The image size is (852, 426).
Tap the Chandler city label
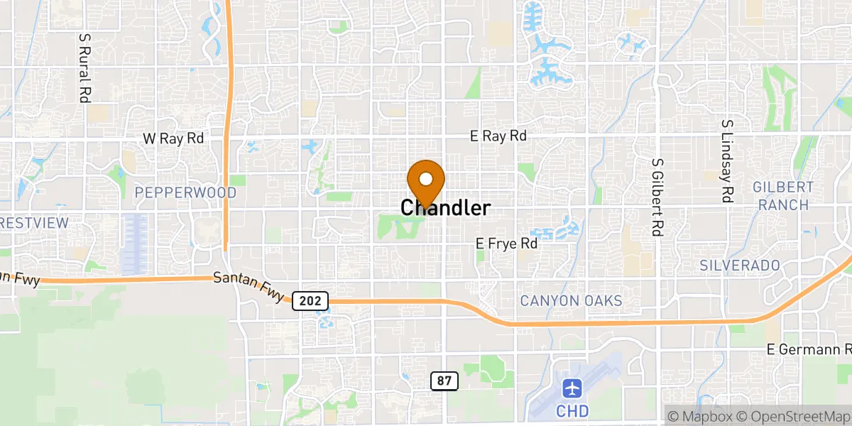pos(445,208)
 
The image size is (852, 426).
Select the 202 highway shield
pos(310,301)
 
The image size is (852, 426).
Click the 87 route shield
pos(444,381)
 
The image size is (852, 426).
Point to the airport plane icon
pos(572,388)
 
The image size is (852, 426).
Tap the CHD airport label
pos(572,412)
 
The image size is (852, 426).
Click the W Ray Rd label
pos(173,138)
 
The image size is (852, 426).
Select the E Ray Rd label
pos(498,136)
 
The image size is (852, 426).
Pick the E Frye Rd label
pos(506,244)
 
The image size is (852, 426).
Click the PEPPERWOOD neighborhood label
pos(185,192)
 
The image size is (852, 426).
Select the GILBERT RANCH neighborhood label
pos(783,196)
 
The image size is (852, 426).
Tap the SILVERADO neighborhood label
pos(739,265)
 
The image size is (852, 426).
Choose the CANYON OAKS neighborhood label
pos(571,301)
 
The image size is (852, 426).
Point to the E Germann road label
pos(808,349)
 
